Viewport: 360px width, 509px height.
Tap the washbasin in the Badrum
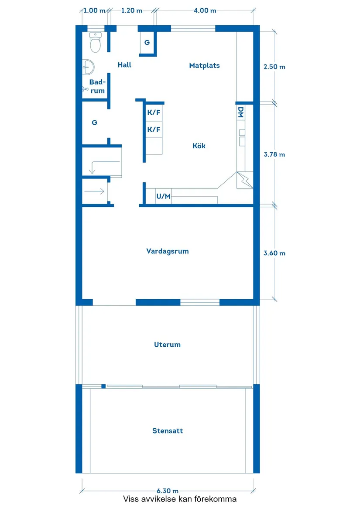[88, 67]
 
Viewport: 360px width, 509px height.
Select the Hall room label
[124, 65]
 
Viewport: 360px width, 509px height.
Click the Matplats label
[204, 65]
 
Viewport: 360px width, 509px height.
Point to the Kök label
[199, 146]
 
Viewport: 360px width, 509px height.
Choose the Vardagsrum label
[167, 251]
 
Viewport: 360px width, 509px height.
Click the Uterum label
[167, 345]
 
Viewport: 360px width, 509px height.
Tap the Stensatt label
[168, 431]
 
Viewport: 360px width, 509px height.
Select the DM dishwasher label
[241, 113]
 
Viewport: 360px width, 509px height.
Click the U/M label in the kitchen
[164, 196]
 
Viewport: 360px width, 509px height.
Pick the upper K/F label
[154, 113]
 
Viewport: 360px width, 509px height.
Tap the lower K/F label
[154, 130]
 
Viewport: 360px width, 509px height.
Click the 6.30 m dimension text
[167, 491]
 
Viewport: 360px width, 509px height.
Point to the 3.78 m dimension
[274, 154]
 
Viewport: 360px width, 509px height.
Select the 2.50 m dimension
[274, 67]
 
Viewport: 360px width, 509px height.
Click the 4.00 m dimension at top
[205, 10]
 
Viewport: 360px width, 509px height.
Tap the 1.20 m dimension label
[132, 10]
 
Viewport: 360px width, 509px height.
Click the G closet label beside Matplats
[147, 42]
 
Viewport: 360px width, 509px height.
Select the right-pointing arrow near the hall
[94, 191]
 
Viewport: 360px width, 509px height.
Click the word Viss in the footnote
[130, 499]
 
